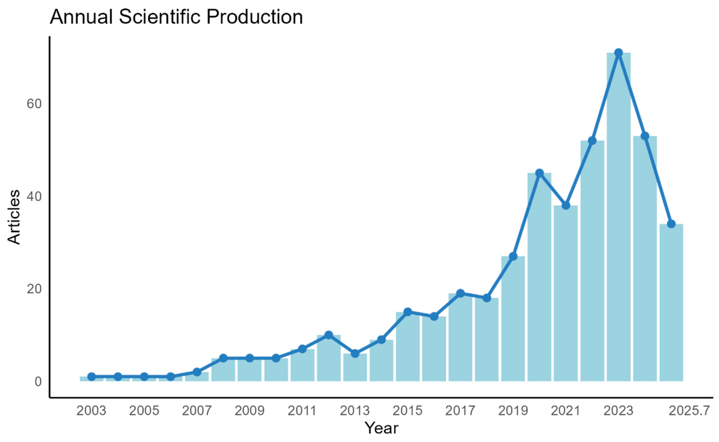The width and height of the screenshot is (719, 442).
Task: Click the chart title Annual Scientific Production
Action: click(176, 17)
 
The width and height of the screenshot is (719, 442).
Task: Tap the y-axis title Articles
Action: click(14, 217)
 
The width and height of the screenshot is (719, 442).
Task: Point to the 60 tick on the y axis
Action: click(34, 104)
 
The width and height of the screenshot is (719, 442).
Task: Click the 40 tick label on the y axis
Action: click(34, 196)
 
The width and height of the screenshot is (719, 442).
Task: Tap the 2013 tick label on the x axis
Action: click(355, 411)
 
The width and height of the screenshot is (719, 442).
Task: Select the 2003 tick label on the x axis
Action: click(91, 411)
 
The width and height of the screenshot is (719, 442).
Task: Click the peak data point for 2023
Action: click(618, 53)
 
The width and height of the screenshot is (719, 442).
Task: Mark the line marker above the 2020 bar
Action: click(539, 173)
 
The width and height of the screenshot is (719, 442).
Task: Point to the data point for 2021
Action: click(566, 205)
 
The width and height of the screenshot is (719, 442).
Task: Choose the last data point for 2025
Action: click(671, 224)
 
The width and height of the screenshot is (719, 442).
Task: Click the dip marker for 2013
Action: click(355, 354)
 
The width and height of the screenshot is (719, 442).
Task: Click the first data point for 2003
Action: click(91, 376)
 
